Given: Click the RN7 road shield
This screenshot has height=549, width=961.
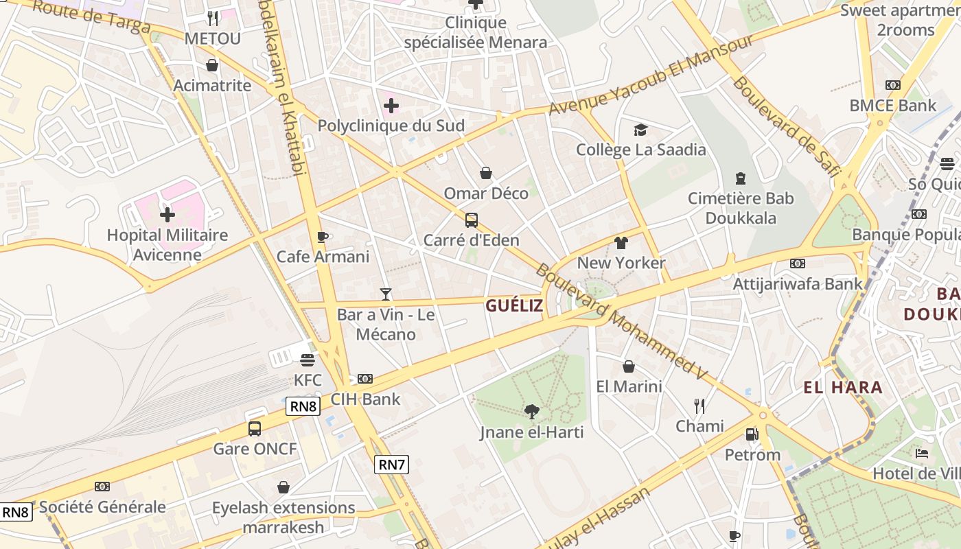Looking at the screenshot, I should coord(392,465).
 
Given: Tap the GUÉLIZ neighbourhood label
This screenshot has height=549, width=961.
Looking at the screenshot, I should coord(514,305).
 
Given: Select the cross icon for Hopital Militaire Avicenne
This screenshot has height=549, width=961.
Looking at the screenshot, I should coord(167,215).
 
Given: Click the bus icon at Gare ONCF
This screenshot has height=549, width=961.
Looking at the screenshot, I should coord(255,429).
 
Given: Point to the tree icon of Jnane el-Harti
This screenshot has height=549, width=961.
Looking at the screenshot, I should coord(531,412).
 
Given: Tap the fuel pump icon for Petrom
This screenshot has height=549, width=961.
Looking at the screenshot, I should coord(752,434).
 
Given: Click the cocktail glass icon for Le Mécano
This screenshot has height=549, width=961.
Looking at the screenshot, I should coord(386,294).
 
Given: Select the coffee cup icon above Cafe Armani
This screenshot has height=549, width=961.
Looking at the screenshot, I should coord(323,237).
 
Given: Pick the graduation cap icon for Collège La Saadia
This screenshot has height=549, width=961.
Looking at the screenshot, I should coord(640,130).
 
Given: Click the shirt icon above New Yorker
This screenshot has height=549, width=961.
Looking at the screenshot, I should coord(621,242).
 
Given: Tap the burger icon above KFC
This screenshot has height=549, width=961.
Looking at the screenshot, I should coord(307,360).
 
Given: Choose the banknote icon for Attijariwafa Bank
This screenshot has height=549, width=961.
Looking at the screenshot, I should coord(797,264).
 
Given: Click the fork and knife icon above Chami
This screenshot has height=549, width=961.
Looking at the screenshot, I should coord(699,406).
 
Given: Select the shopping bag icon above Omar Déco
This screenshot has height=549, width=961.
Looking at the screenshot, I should coord(486,173).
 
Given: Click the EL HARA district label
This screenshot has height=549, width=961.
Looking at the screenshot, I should coord(843,387).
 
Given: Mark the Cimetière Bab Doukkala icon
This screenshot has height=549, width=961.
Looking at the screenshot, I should coord(740,178).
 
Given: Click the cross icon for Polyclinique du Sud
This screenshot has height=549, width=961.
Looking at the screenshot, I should coord(391,106).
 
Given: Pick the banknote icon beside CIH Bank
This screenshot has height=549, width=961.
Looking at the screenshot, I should coord(365,379).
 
